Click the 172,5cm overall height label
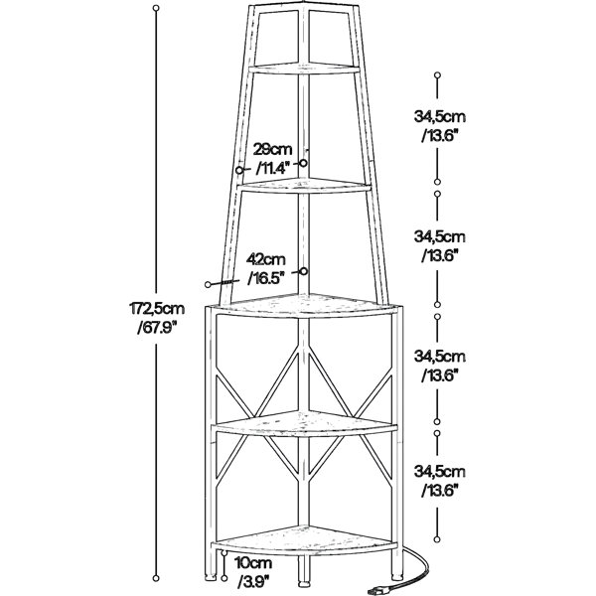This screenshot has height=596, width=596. click(157, 309)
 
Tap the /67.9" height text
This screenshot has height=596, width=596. click(157, 328)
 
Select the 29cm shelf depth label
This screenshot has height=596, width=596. click(273, 149)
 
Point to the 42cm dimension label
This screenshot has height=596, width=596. click(266, 259)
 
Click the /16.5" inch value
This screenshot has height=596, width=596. click(266, 278)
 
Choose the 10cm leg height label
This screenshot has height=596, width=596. click(253, 562)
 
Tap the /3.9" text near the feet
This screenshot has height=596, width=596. click(253, 581)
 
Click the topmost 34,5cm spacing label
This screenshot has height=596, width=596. click(440, 116)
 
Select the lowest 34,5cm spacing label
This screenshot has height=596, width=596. click(440, 472)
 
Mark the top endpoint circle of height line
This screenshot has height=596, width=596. click(156, 8)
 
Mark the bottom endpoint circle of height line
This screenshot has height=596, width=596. click(156, 578)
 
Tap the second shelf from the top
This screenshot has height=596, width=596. click(304, 186)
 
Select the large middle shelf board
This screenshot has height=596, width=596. click(304, 305)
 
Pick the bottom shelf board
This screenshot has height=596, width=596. click(304, 538)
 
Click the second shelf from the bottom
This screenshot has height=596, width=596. click(304, 423)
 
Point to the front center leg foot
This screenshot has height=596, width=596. click(303, 581)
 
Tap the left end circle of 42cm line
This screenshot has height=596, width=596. click(208, 284)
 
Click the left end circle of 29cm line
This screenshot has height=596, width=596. click(239, 170)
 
